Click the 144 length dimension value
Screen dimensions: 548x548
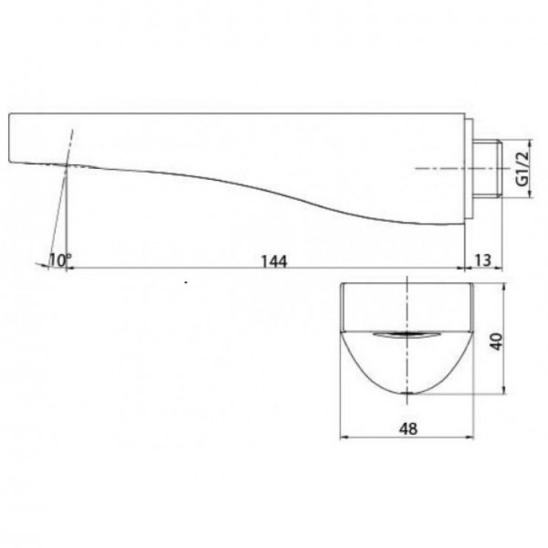pyautogui.click(x=274, y=261)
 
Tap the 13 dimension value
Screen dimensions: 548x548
pyautogui.click(x=482, y=260)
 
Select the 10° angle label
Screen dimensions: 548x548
pyautogui.click(x=59, y=260)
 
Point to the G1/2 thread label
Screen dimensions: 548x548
pyautogui.click(x=522, y=169)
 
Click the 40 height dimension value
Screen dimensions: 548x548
pyautogui.click(x=496, y=342)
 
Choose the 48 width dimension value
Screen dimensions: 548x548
pyautogui.click(x=408, y=428)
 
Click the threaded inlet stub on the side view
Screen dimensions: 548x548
pyautogui.click(x=487, y=169)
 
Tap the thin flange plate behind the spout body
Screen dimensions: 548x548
pyautogui.click(x=469, y=169)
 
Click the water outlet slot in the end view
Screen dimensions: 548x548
pyautogui.click(x=405, y=335)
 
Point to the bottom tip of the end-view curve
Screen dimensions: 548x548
pyautogui.click(x=407, y=394)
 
